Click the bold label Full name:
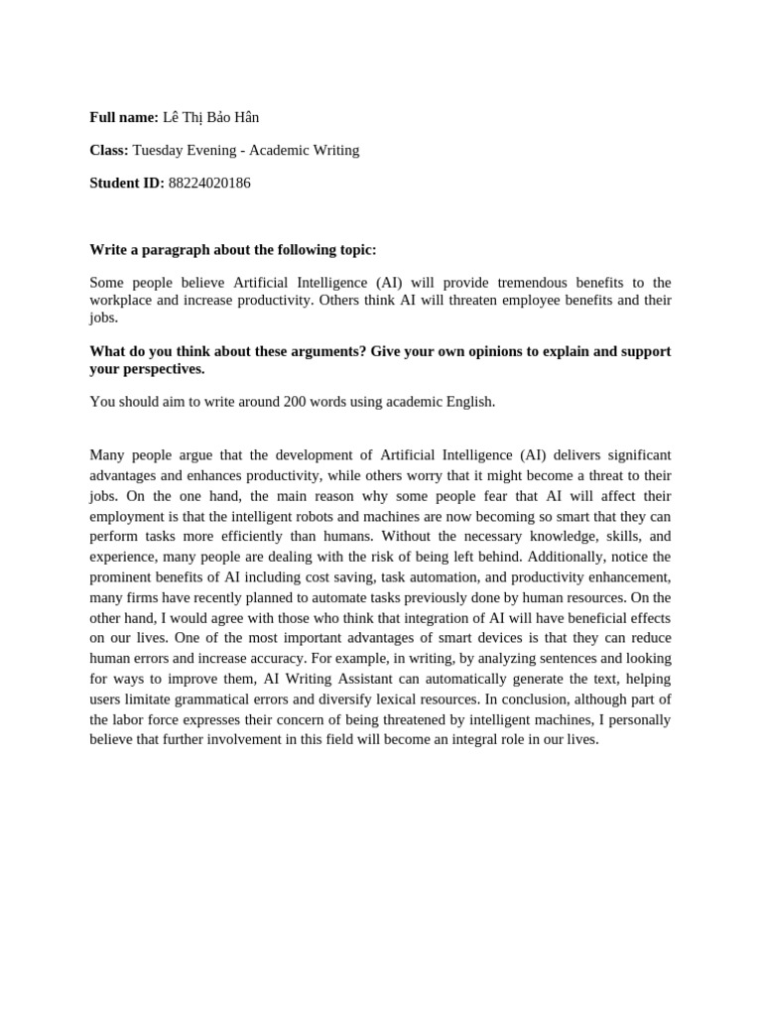click(124, 117)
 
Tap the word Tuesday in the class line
click(160, 150)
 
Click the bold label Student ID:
click(127, 183)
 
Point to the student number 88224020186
click(209, 183)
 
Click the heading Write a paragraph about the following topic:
click(233, 249)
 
